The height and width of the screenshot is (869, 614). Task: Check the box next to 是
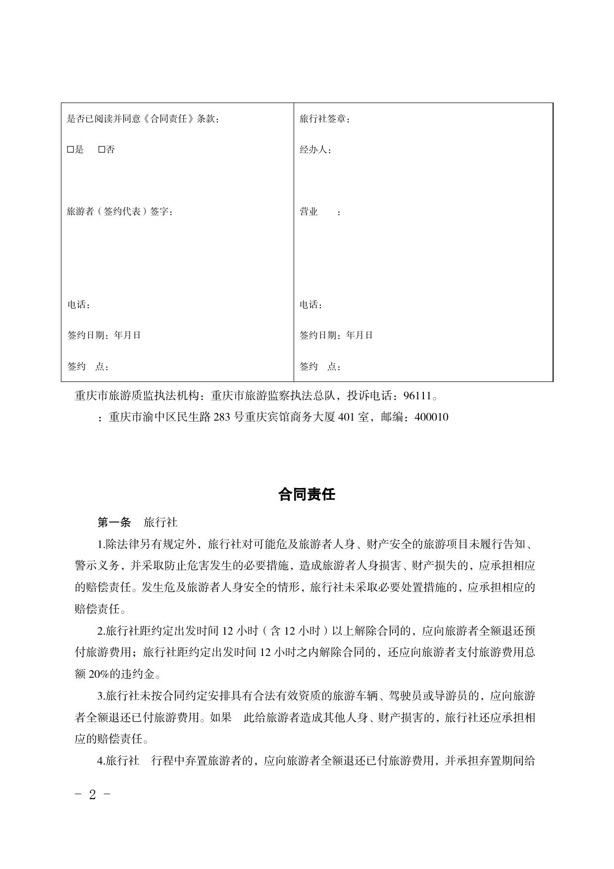pos(70,150)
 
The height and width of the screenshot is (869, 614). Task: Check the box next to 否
pos(102,150)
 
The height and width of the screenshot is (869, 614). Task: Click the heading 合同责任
pos(307,494)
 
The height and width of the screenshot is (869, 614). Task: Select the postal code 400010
pos(431,417)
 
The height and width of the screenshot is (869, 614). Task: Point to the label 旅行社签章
pos(322,119)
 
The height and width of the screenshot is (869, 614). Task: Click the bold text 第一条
pos(114,522)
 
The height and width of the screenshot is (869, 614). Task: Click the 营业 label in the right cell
pos(308,212)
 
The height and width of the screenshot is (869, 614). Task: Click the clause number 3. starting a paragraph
pos(102,696)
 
